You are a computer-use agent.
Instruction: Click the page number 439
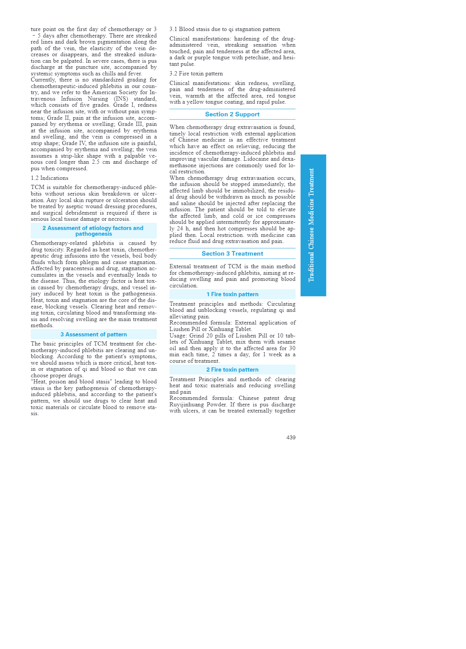[x=291, y=437]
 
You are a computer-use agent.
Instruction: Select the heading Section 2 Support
[x=232, y=114]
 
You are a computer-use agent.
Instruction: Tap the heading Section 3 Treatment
[x=232, y=254]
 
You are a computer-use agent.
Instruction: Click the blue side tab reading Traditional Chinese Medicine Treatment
[x=313, y=225]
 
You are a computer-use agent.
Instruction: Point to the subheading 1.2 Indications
[x=50, y=178]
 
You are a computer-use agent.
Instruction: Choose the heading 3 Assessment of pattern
[x=94, y=334]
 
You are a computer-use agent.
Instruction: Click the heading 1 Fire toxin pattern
[x=232, y=294]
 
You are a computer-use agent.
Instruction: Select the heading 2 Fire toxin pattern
[x=232, y=370]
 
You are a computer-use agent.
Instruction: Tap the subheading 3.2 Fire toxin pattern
[x=196, y=73]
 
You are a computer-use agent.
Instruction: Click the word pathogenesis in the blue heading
[x=94, y=234]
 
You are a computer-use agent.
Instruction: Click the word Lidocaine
[x=256, y=159]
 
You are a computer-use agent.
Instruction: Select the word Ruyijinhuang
[x=187, y=404]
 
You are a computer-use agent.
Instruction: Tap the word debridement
[x=96, y=213]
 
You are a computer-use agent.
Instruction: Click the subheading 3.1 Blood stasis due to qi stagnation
[x=225, y=29]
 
